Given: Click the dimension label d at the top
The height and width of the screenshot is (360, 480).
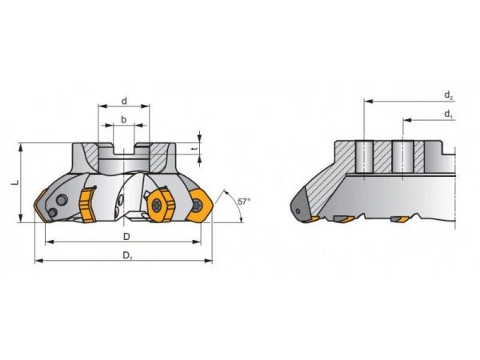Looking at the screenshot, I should click(125, 101).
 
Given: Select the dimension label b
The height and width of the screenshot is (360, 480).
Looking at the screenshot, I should click(123, 119).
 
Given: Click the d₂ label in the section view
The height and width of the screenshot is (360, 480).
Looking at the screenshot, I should click(449, 96).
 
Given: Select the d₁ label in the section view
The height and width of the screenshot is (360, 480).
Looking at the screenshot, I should click(449, 115).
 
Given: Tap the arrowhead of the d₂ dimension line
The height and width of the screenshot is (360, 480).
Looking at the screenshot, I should click(367, 102).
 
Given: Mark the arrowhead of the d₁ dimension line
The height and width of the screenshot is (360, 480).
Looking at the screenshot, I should click(405, 121).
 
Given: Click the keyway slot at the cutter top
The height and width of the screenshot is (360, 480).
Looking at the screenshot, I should click(123, 148).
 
